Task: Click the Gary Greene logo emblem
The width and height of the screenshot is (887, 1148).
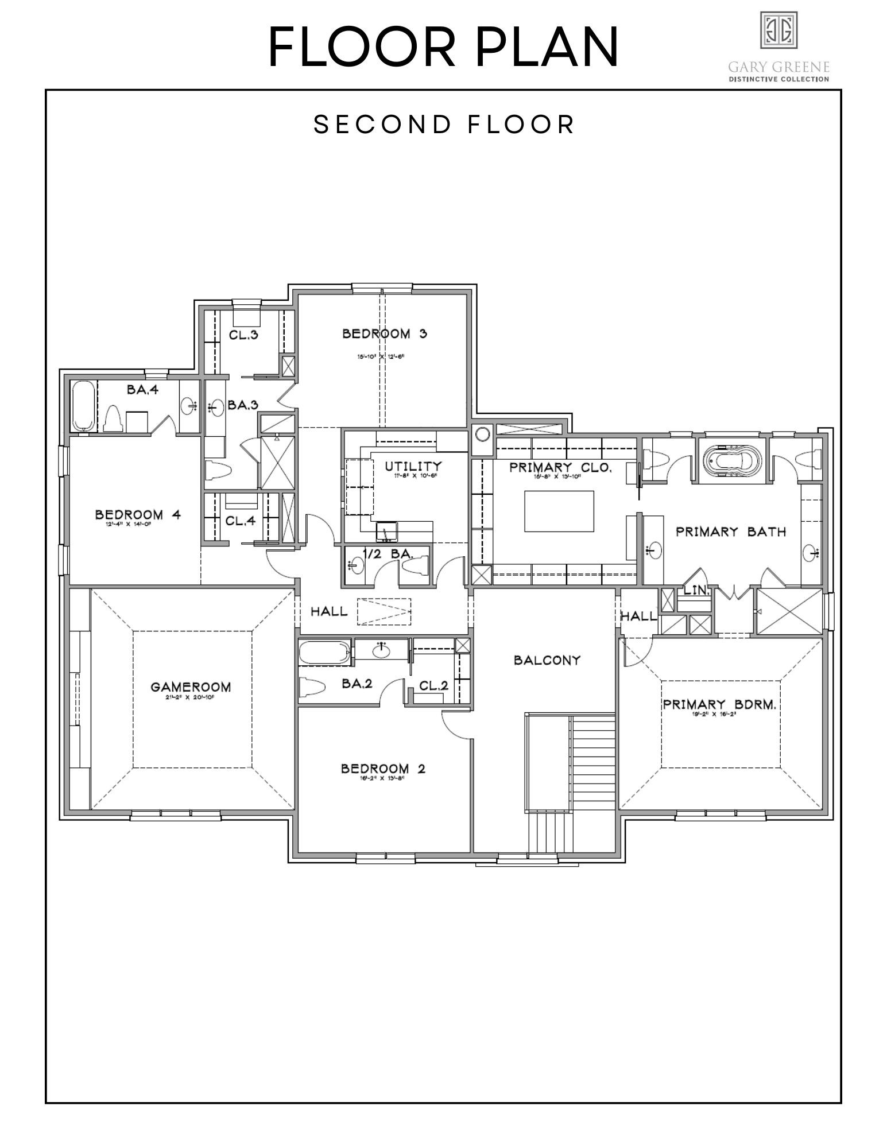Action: tap(778, 30)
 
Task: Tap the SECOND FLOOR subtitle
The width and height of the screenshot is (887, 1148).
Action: tap(444, 125)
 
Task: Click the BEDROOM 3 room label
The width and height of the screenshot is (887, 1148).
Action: tap(385, 333)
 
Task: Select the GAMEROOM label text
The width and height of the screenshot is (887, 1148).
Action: tap(191, 687)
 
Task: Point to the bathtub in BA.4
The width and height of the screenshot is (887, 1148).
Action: tap(84, 406)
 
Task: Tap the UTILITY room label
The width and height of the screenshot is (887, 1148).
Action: tap(413, 466)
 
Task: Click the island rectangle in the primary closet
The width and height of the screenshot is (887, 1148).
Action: tap(559, 511)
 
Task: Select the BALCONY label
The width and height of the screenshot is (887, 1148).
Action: tap(547, 660)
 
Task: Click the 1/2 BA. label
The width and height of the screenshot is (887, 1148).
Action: tap(388, 554)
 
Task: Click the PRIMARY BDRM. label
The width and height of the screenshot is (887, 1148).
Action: tap(720, 704)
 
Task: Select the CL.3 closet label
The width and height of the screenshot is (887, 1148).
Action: tap(243, 335)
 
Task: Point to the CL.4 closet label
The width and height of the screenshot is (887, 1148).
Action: tap(240, 522)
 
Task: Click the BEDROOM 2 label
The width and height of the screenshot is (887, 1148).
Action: tap(383, 768)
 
